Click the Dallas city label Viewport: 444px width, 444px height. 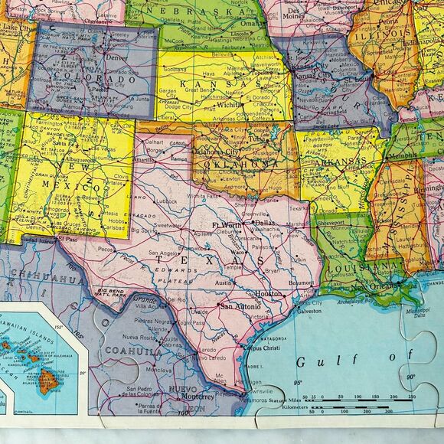coord(264,224)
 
